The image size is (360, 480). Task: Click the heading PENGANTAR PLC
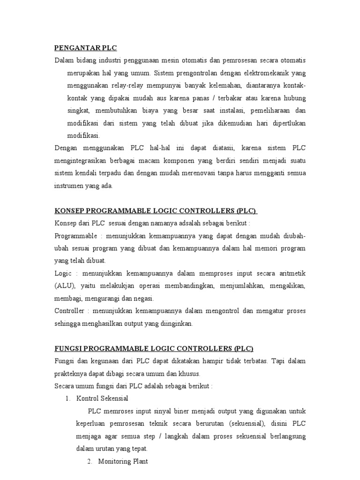[85, 48]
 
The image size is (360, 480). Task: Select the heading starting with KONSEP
[156, 210]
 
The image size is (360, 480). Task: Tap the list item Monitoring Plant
[123, 461]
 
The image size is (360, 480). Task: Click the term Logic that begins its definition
[62, 273]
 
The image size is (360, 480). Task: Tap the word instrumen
[70, 186]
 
